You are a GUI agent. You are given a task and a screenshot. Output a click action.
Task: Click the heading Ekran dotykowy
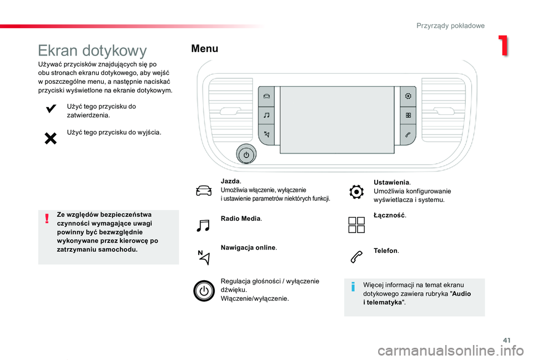[92, 50]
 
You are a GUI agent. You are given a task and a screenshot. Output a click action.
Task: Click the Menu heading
[205, 49]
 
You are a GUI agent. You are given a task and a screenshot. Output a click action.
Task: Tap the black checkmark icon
[51, 109]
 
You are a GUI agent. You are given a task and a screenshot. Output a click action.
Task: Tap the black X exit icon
[51, 139]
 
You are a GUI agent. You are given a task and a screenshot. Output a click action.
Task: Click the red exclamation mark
[47, 219]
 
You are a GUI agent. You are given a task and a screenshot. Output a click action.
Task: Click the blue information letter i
[353, 287]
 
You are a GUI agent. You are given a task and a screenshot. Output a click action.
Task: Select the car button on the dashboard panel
[266, 97]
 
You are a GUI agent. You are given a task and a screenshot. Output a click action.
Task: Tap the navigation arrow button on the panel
[266, 134]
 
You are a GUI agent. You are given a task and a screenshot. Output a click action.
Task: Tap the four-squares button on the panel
[408, 115]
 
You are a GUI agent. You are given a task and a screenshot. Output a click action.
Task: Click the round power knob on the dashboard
[246, 155]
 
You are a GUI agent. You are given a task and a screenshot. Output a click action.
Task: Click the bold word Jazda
[230, 181]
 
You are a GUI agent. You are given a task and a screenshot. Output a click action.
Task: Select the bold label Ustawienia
[391, 182]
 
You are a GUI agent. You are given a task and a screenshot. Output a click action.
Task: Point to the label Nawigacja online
[248, 247]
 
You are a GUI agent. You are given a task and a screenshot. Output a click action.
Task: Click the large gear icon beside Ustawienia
[356, 192]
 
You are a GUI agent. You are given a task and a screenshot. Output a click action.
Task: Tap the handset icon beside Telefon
[356, 257]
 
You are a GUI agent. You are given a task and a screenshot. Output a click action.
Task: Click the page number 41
[507, 340]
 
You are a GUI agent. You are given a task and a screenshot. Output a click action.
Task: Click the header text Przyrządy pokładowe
[450, 26]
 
